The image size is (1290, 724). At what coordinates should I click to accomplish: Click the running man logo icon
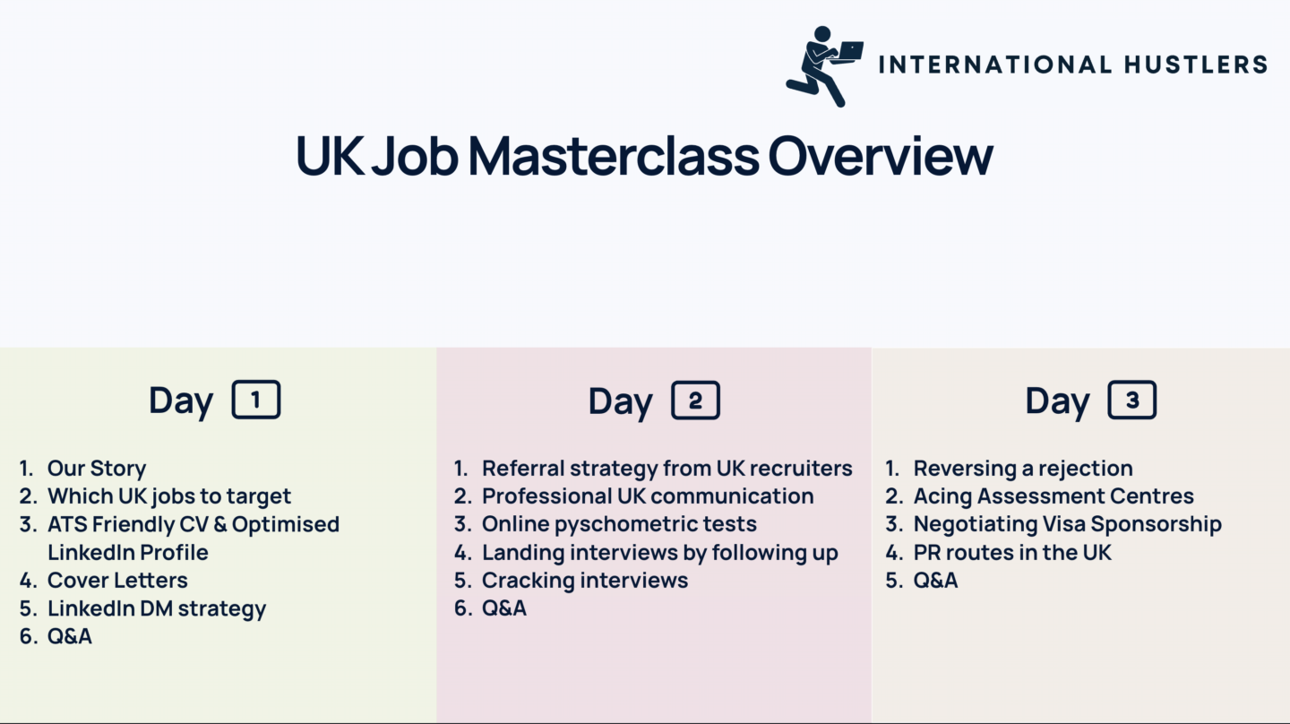pos(823,66)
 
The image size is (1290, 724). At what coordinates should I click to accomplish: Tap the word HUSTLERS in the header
pos(1196,64)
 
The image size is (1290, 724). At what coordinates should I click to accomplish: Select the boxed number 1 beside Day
pos(256,399)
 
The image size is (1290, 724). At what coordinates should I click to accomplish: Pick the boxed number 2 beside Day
pos(696,400)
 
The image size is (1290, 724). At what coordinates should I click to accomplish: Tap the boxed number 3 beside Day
pos(1132,399)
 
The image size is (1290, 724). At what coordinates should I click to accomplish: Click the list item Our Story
pos(97,469)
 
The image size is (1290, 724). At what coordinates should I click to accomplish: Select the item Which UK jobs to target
pos(169,496)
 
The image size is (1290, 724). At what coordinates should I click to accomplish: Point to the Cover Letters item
pos(117,580)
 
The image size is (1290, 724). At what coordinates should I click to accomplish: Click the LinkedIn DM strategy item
pos(157,608)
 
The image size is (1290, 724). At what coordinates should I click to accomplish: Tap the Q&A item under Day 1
pos(70,636)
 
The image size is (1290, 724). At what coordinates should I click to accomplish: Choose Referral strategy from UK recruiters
pos(666,469)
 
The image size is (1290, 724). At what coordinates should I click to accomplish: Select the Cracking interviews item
pos(585,581)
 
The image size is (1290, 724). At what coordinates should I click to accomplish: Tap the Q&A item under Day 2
pos(504,608)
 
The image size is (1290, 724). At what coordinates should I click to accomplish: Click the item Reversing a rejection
pos(1023,469)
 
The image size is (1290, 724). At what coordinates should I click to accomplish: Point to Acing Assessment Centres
pos(1053,496)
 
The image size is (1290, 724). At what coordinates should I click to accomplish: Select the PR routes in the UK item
pos(1012,552)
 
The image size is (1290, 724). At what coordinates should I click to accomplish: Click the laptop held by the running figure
pos(850,51)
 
